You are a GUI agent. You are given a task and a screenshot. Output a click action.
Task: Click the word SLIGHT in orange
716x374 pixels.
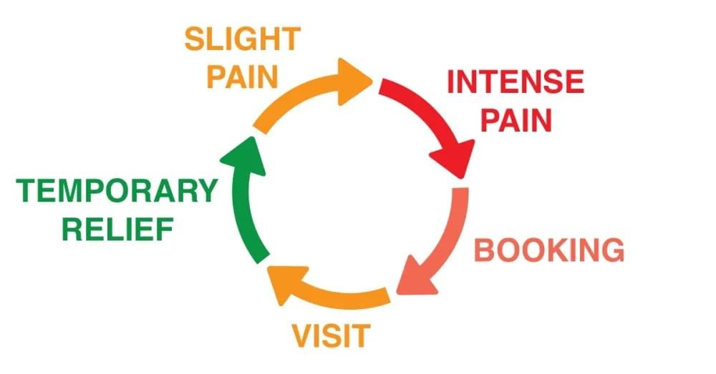coord(243,39)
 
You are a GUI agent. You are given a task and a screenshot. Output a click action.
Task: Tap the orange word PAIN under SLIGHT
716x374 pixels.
coord(243,77)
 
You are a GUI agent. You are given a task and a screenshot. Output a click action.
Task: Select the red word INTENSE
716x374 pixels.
coord(516,82)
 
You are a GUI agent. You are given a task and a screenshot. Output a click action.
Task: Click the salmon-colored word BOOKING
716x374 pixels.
coord(549,250)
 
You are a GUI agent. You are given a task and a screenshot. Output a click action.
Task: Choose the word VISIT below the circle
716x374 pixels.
coord(331,335)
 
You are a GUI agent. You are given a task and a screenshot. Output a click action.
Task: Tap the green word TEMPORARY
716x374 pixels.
coord(117,190)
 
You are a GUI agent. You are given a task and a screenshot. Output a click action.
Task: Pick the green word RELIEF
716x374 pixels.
coord(118,229)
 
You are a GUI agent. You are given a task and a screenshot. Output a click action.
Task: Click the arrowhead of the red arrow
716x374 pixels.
coord(453,158)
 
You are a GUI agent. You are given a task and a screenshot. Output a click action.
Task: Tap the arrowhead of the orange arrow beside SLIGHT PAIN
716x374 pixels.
coord(353,82)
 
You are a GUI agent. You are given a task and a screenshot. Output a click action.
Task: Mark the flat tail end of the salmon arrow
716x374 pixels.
coord(460,188)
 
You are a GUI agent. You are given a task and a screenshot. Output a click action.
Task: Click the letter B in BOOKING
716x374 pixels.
coord(485,250)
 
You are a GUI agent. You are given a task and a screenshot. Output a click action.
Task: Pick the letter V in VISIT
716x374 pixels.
coord(303,335)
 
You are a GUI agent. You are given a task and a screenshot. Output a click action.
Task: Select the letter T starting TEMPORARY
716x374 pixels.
coord(27,190)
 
